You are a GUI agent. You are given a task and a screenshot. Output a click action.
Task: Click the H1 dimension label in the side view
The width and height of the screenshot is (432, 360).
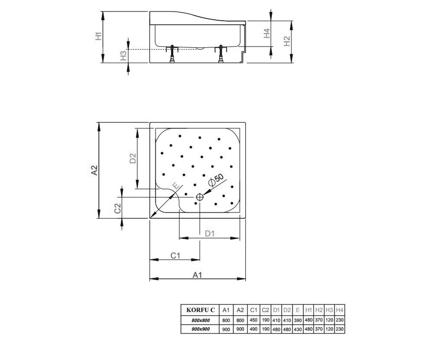[x=99, y=36]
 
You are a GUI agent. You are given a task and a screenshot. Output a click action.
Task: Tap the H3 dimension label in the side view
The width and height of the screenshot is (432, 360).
[x=123, y=55]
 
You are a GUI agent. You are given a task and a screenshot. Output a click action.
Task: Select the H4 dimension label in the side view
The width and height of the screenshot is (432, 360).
[x=267, y=33]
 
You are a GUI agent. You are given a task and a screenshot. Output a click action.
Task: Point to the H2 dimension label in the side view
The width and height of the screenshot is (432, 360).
[x=287, y=41]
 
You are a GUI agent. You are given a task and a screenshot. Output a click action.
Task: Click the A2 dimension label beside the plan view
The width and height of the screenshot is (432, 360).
[x=94, y=170]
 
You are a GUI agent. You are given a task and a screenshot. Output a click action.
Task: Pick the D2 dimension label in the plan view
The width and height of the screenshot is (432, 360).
[x=133, y=158]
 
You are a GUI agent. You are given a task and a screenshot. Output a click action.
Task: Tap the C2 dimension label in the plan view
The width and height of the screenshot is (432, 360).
[x=117, y=208]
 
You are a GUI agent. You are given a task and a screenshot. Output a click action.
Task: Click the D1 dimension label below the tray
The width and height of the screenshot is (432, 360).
[x=210, y=234]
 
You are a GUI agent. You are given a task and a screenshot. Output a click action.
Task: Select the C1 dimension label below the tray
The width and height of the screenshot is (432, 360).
[x=175, y=256]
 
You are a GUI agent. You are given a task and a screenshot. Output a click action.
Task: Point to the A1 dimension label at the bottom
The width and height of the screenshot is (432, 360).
[x=197, y=275]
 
